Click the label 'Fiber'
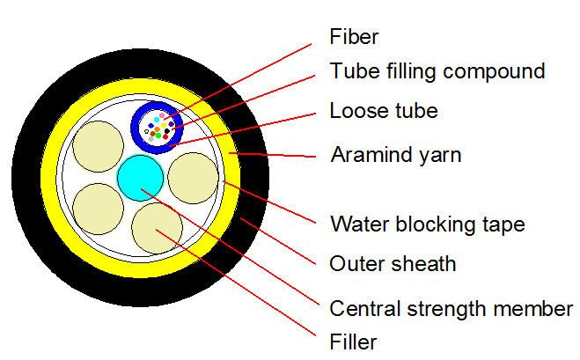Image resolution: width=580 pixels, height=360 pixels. pos(354,38)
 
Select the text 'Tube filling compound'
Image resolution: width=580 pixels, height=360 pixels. pos(437,70)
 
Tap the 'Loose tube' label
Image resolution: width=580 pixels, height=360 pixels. pos(383,111)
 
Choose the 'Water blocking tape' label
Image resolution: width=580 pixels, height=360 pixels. pos(427,224)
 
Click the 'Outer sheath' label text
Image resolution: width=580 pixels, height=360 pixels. pos(392,263)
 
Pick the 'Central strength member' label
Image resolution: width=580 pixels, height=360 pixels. pos(451,308)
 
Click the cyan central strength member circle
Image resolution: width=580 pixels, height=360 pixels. pos(141,176)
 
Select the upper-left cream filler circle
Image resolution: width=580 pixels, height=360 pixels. pos(99,146)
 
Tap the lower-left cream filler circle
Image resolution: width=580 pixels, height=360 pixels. pos(99,209)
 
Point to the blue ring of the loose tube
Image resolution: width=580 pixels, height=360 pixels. pos(134,126)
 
